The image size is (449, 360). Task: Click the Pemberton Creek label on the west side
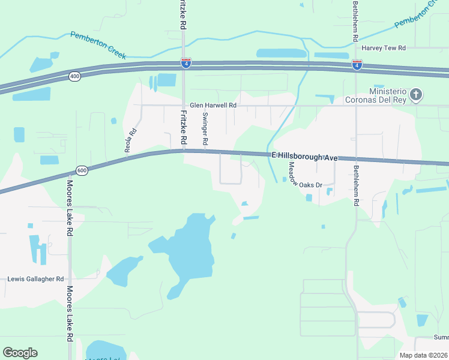pos(98,45)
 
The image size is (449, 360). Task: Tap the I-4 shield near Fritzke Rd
pos(186,63)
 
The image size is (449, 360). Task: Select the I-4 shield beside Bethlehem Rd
pos(357,64)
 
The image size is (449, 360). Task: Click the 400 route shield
pos(74,76)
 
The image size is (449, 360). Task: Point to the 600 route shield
pos(82,170)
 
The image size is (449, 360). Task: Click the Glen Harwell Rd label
pos(214,105)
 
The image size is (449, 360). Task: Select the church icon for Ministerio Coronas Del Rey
pos(417,94)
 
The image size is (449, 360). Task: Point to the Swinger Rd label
pos(205,128)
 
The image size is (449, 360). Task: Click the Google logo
pos(20,353)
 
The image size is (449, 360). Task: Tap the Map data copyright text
pos(423,355)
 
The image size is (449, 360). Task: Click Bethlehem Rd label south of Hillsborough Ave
pos(355,185)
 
